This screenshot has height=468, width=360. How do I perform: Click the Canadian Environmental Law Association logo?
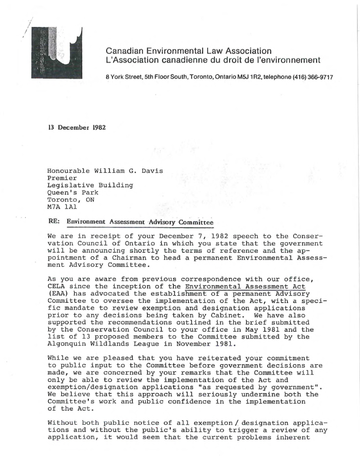coord(57,52)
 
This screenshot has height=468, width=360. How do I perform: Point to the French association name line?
coord(213,60)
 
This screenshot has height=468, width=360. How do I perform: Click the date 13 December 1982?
coord(77,127)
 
